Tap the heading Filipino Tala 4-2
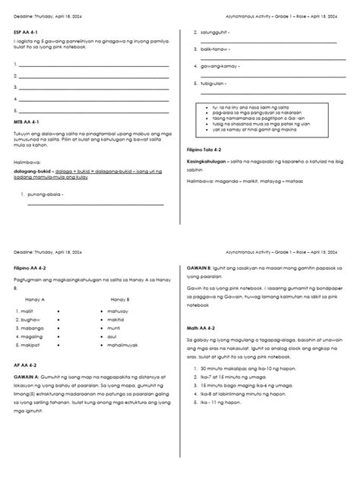click(x=204, y=150)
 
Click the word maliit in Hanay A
click(x=30, y=311)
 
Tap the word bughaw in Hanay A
click(x=32, y=322)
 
